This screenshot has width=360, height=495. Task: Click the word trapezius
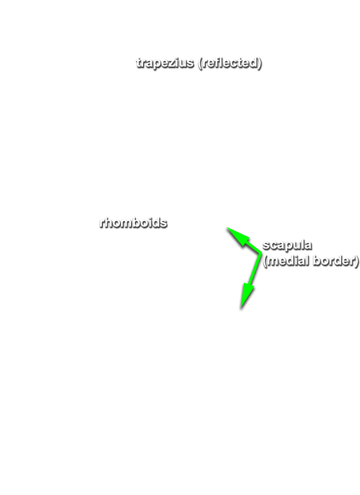tap(165, 63)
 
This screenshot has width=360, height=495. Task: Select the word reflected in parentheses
tap(230, 63)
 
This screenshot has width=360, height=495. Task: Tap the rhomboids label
tap(133, 222)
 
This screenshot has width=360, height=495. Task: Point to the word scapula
tap(287, 245)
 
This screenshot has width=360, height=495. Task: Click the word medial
tap(288, 261)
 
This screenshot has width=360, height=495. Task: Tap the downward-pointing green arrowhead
tap(247, 295)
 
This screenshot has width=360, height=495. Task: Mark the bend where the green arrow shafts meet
tap(260, 253)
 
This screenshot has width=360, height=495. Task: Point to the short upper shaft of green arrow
tap(253, 248)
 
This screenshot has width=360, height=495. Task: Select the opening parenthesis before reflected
tap(200, 63)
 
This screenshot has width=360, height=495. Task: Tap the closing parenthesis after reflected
tap(259, 63)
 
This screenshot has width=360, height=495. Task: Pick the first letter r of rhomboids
tap(102, 223)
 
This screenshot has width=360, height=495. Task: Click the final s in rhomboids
tap(163, 223)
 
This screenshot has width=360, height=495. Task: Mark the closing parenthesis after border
tap(357, 261)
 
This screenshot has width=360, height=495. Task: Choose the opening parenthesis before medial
tap(265, 261)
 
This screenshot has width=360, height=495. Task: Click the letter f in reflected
tap(216, 63)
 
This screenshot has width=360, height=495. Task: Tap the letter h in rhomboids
tap(108, 222)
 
